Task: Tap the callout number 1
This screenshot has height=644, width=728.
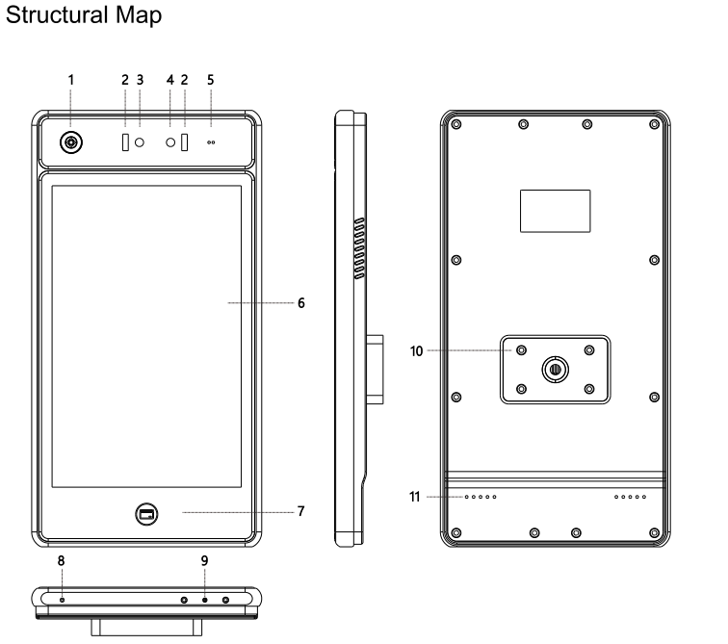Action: pyautogui.click(x=71, y=80)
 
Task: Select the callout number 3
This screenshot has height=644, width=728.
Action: pyautogui.click(x=141, y=80)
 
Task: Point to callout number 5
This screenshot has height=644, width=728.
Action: pyautogui.click(x=210, y=80)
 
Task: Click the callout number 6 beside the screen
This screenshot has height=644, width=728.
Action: pyautogui.click(x=301, y=303)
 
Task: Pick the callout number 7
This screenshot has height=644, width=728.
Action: pyautogui.click(x=301, y=511)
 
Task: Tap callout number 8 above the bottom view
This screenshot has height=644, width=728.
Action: pyautogui.click(x=62, y=561)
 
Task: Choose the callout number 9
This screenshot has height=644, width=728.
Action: pyautogui.click(x=205, y=561)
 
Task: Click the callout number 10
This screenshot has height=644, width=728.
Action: pyautogui.click(x=416, y=351)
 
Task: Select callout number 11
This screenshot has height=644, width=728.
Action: pyautogui.click(x=415, y=497)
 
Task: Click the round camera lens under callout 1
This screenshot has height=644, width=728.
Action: pyautogui.click(x=71, y=142)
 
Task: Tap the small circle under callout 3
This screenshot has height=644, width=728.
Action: pyautogui.click(x=140, y=142)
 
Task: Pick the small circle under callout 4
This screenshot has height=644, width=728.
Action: pyautogui.click(x=170, y=142)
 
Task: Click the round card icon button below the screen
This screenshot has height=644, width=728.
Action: pyautogui.click(x=146, y=514)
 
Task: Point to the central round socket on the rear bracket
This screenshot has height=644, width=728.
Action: pyautogui.click(x=556, y=370)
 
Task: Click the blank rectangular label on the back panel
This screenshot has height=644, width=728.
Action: pyautogui.click(x=556, y=211)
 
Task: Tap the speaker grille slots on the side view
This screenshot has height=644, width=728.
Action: pyautogui.click(x=359, y=248)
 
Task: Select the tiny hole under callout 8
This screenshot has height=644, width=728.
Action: pyautogui.click(x=63, y=600)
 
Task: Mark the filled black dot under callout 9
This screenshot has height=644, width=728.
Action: pyautogui.click(x=205, y=600)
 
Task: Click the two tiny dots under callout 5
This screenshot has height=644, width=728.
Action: pyautogui.click(x=211, y=142)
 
